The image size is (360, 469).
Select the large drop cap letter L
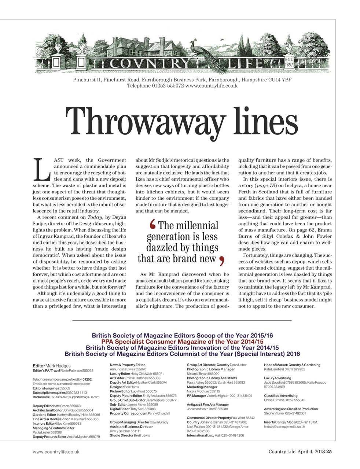(x=41, y=169)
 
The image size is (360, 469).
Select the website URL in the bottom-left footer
(x=56, y=452)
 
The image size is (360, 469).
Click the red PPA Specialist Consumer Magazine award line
(x=182, y=341)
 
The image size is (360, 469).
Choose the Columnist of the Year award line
(x=182, y=354)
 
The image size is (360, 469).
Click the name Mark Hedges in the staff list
(x=58, y=366)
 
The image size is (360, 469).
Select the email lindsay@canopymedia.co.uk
(x=284, y=426)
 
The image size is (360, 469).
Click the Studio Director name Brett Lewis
(x=142, y=435)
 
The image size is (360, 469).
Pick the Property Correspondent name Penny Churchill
(x=159, y=413)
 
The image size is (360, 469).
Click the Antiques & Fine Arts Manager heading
(x=207, y=405)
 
